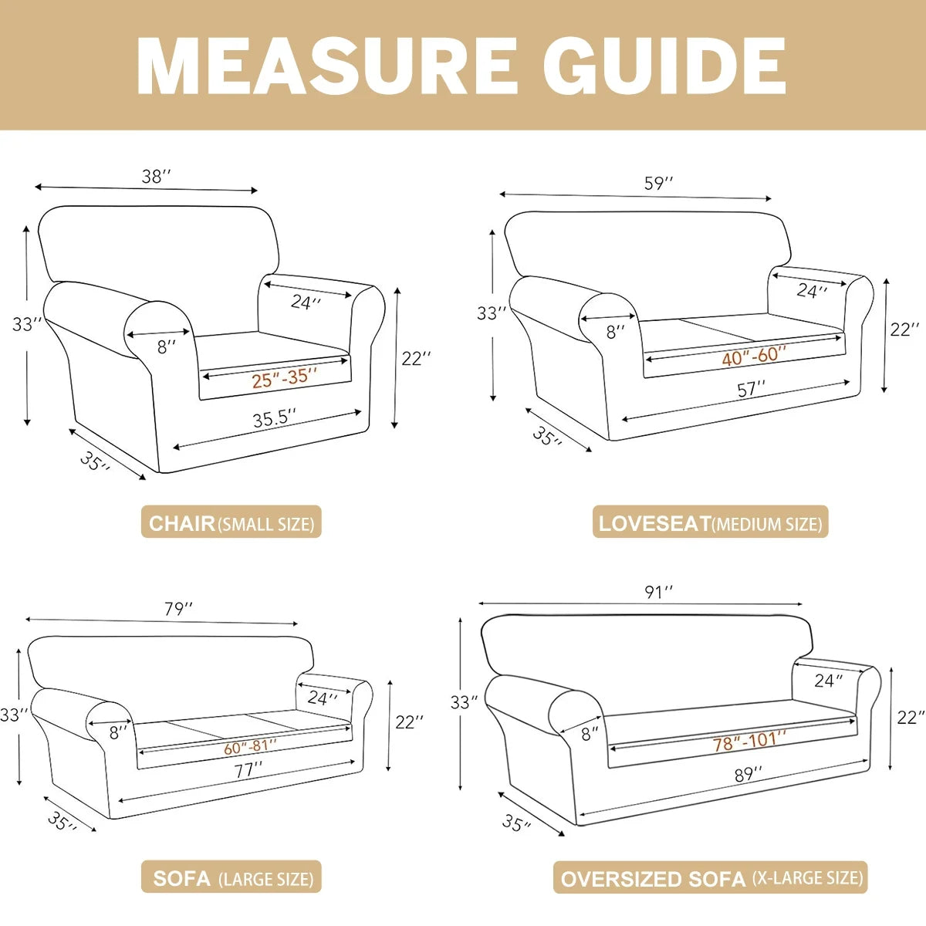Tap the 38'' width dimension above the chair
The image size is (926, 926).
click(x=156, y=177)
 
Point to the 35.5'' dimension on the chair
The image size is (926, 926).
click(x=275, y=418)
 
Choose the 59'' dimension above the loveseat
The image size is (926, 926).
click(x=659, y=183)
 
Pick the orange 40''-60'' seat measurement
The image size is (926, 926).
click(x=754, y=356)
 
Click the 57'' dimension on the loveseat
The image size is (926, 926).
click(x=752, y=388)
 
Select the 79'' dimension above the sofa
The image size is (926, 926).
click(x=178, y=610)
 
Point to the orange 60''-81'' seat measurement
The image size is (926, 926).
click(x=250, y=748)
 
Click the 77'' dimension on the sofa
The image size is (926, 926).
click(x=248, y=771)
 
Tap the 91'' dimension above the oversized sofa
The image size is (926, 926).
click(x=659, y=593)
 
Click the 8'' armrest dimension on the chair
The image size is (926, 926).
click(x=166, y=346)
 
